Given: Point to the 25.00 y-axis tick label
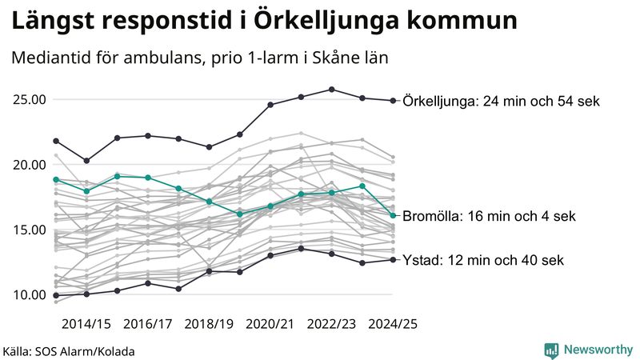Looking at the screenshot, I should [x=30, y=100].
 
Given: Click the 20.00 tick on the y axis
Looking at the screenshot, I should [x=30, y=165].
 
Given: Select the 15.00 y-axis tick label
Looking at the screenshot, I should [x=30, y=230].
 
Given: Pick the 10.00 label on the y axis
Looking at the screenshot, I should [x=30, y=294].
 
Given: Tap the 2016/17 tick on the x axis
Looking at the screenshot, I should [x=148, y=324].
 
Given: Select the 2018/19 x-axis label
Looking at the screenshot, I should [x=209, y=324].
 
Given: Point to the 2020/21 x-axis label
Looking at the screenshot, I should [x=270, y=324].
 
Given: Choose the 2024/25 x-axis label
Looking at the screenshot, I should [x=392, y=324].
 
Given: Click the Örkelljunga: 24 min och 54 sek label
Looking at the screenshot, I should [x=502, y=102].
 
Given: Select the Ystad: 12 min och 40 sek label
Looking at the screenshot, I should [x=483, y=260].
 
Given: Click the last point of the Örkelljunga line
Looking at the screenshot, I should [x=393, y=101].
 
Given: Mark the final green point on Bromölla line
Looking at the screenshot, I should [x=393, y=215].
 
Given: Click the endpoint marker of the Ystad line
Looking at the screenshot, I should [x=393, y=259].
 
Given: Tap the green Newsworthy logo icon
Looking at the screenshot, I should [x=551, y=350].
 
